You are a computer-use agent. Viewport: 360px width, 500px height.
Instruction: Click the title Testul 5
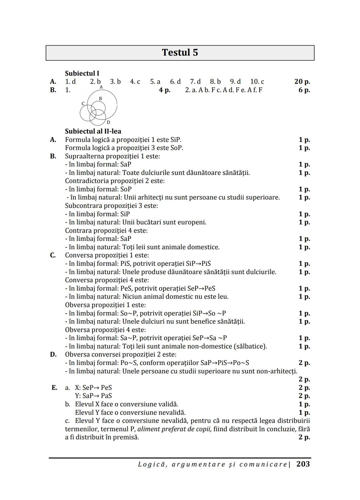coord(180,53)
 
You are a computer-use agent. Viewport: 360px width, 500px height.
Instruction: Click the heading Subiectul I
coord(82,73)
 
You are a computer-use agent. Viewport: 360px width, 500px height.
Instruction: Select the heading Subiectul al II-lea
coord(93,131)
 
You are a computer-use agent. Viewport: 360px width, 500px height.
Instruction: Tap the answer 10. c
coord(257,82)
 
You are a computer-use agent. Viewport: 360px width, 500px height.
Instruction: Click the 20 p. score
coord(302,82)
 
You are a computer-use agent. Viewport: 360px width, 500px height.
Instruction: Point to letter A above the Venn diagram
coord(101,87)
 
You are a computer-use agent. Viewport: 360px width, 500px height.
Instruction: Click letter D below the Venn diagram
coord(108,123)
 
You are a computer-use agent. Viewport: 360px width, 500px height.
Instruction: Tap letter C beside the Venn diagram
coord(83,104)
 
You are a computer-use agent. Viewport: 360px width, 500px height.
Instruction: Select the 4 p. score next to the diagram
coord(165,90)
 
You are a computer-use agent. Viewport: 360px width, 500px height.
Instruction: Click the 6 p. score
coord(304,90)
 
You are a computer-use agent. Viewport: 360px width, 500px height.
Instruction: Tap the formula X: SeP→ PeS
coord(93,388)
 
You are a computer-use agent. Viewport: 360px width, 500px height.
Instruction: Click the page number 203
coord(303,464)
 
